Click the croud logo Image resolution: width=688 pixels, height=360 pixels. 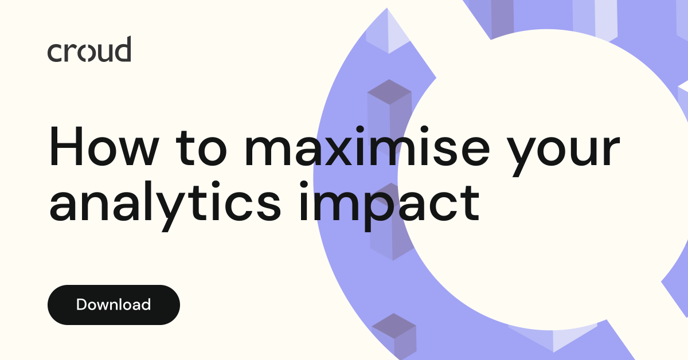point(89,50)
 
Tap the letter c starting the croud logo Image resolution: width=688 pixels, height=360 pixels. point(54,53)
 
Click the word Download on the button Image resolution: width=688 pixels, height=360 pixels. point(114,304)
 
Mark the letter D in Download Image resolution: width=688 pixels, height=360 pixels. point(81,304)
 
